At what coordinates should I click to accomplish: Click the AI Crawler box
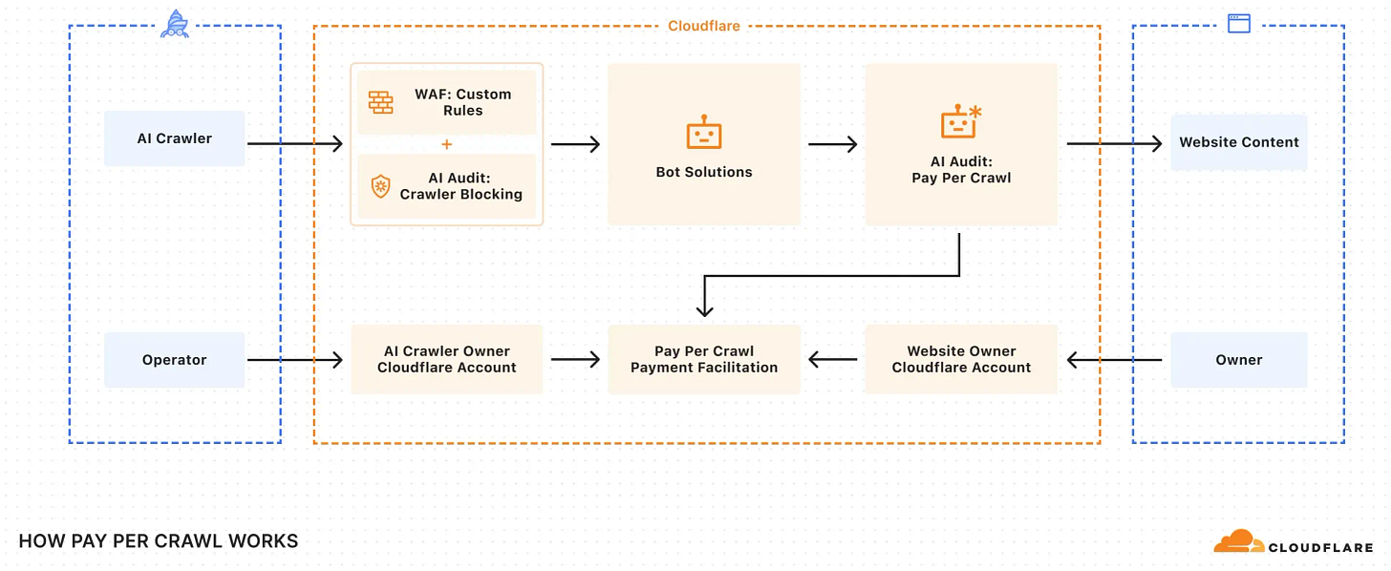point(174,138)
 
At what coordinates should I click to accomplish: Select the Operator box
point(174,360)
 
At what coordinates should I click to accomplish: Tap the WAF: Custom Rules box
point(446,102)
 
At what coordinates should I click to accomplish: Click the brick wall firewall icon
point(381,102)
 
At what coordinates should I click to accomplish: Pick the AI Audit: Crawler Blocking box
point(446,186)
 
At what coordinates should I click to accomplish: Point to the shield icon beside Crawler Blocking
point(380,186)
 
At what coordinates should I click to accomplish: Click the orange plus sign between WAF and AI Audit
point(446,144)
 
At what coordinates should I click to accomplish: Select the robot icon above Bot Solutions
point(704,134)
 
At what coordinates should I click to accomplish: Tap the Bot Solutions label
point(704,172)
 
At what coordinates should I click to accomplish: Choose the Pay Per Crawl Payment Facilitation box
point(704,359)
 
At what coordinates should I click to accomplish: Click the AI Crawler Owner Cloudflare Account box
point(446,359)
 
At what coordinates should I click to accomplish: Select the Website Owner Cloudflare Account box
point(961,359)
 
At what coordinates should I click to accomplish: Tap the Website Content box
point(1238,142)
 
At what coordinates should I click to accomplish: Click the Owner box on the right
point(1238,360)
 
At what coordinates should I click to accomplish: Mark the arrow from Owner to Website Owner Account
point(1114,360)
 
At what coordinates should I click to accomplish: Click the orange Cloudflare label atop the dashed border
point(704,26)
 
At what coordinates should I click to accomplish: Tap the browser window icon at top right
point(1238,24)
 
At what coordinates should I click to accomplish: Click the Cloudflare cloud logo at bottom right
point(1237,541)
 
